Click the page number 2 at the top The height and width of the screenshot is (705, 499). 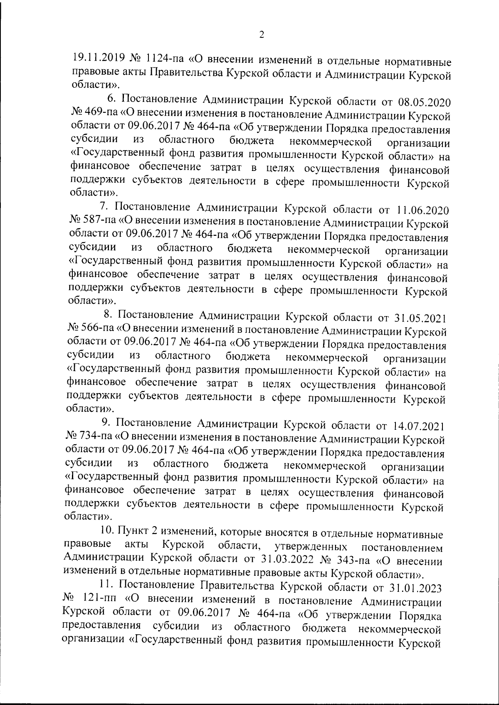pyautogui.click(x=262, y=35)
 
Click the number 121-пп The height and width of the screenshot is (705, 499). pyautogui.click(x=98, y=600)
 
